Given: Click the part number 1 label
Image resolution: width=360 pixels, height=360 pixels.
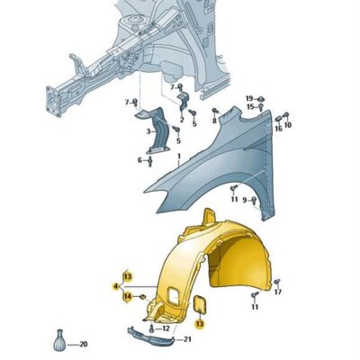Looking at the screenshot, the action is [179, 157].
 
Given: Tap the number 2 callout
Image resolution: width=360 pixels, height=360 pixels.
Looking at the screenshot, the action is [182, 121].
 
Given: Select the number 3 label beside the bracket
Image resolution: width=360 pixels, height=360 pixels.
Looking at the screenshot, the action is [148, 131].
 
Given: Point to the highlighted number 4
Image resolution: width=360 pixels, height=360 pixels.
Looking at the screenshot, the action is [115, 287].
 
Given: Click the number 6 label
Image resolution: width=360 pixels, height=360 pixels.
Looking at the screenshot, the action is [139, 160].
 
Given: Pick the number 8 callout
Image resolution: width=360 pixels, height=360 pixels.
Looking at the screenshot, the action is [214, 121].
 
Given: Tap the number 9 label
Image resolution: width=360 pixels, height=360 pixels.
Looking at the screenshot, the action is [245, 200].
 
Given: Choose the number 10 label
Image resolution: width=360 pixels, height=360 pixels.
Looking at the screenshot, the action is [288, 125].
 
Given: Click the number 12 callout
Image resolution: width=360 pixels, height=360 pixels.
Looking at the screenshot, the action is [166, 328].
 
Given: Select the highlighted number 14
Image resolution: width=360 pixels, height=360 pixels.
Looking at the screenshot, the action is [128, 297].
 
